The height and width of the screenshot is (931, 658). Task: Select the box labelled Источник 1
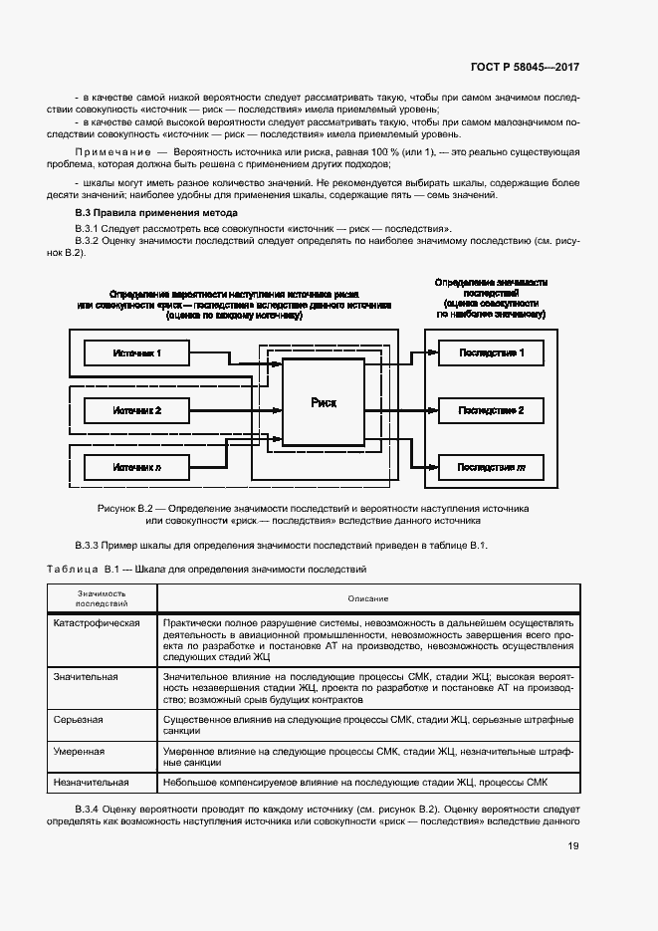136,352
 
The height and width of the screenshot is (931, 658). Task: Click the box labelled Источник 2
136,409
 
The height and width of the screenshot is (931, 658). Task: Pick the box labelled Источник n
136,466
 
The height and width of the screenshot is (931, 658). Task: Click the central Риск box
324,402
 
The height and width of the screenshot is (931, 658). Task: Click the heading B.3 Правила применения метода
156,213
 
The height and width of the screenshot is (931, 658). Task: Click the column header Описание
367,597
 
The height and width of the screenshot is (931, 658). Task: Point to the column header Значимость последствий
101,597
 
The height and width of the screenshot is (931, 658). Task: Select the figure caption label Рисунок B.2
130,508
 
